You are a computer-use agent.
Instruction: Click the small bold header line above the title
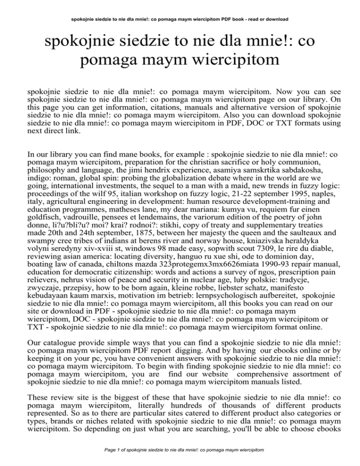[180, 19]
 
